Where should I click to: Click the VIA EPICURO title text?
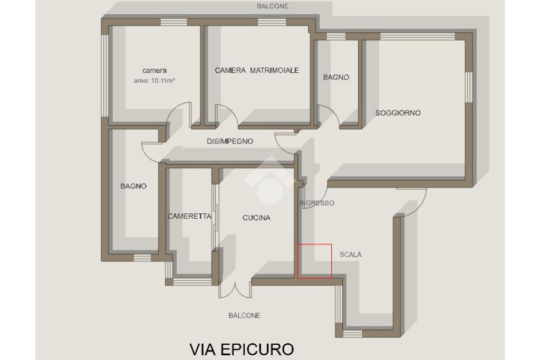242,349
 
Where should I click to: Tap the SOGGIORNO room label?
398,113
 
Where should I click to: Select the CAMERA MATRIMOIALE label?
257,70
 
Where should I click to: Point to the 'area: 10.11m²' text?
155,81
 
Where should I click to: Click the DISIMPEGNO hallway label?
230,141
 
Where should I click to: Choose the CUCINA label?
256,218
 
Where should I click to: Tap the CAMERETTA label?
189,216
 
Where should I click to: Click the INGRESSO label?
317,203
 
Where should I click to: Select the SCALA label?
351,255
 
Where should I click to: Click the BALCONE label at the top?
273,6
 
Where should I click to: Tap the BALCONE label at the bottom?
244,315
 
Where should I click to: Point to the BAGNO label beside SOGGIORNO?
336,77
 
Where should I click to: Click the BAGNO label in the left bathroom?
133,186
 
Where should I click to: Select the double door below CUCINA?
235,291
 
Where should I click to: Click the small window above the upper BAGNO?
336,36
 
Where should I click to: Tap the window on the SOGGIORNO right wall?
468,87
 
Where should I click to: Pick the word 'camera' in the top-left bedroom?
155,70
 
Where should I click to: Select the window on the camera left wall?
105,75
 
